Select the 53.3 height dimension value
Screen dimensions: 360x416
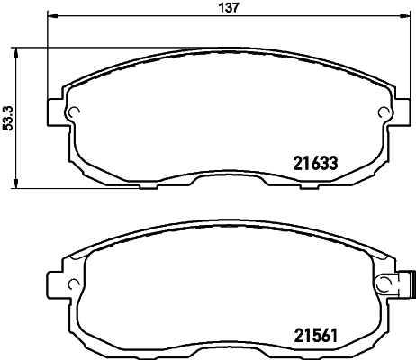coord(8,117)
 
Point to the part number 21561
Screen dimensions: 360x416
coord(312,334)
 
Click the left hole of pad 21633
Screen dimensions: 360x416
coord(76,112)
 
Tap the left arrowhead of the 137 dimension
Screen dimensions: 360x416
coord(49,17)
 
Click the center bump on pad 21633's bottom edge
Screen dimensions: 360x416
coord(230,180)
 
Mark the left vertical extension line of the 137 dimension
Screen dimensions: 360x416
coord(46,54)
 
